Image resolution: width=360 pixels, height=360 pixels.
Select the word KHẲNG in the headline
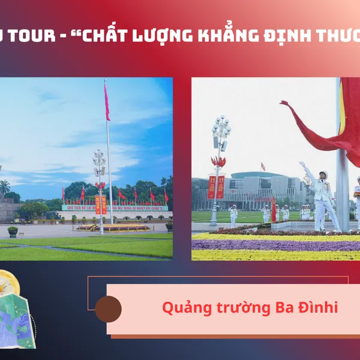pos(224,35)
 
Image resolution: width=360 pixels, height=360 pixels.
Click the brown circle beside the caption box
pos(108,309)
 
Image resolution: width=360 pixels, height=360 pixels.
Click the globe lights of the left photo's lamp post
pos(99,160)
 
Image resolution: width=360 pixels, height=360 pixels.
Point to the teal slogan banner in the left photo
pos(114,208)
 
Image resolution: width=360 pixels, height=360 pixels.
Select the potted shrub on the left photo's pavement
pos(13,231)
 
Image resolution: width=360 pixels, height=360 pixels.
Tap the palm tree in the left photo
pos(5,187)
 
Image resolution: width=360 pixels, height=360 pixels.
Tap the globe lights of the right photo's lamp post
pos(221,129)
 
